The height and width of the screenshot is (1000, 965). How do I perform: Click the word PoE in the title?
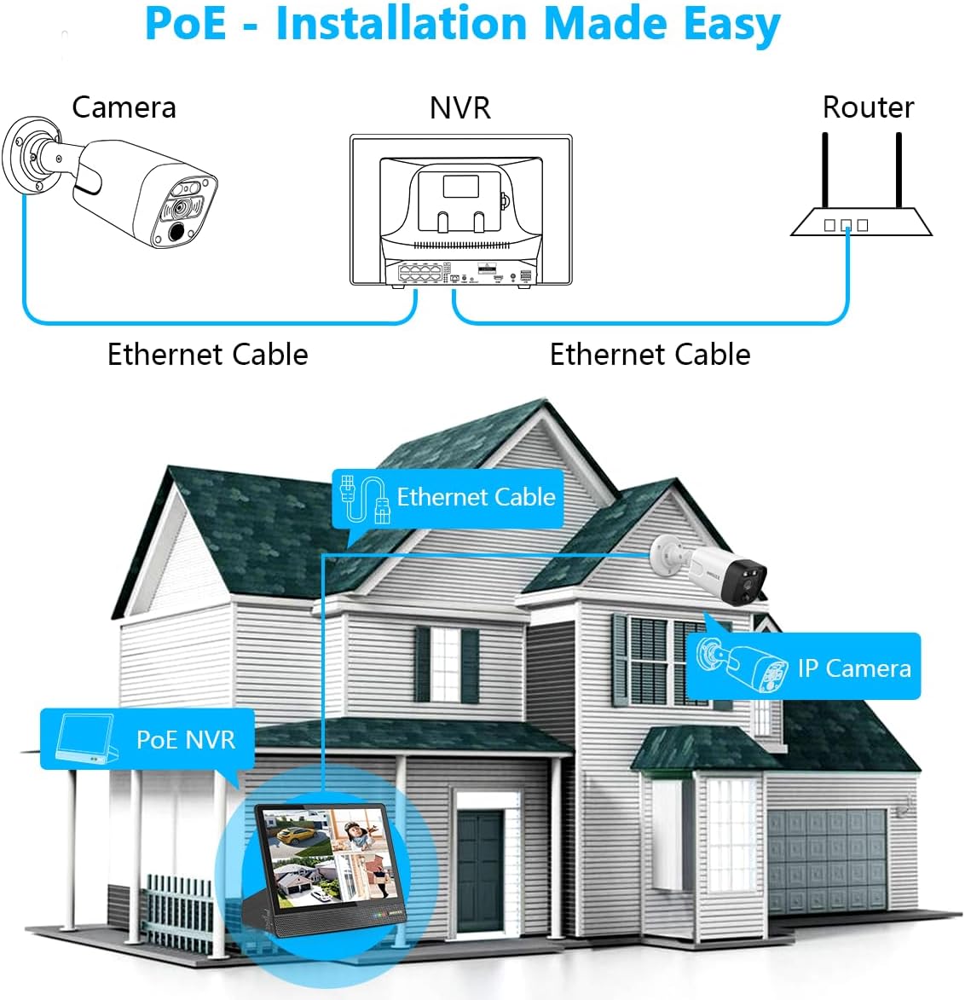[x=185, y=24]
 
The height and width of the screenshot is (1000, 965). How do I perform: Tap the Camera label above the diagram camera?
[x=124, y=107]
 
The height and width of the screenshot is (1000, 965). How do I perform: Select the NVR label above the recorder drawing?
[x=459, y=108]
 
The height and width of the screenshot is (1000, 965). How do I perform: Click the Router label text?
[x=867, y=107]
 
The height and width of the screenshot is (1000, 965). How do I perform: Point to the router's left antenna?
[x=825, y=171]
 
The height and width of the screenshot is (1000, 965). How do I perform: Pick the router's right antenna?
[x=899, y=171]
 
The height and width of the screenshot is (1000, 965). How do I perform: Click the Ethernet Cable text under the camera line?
[x=207, y=355]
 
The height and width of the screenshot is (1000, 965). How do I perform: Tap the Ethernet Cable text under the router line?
[x=650, y=355]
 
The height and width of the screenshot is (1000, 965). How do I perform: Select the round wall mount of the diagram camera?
[x=26, y=155]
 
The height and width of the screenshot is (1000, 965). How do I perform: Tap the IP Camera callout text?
[x=854, y=668]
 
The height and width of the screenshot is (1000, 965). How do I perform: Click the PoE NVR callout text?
[x=185, y=739]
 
